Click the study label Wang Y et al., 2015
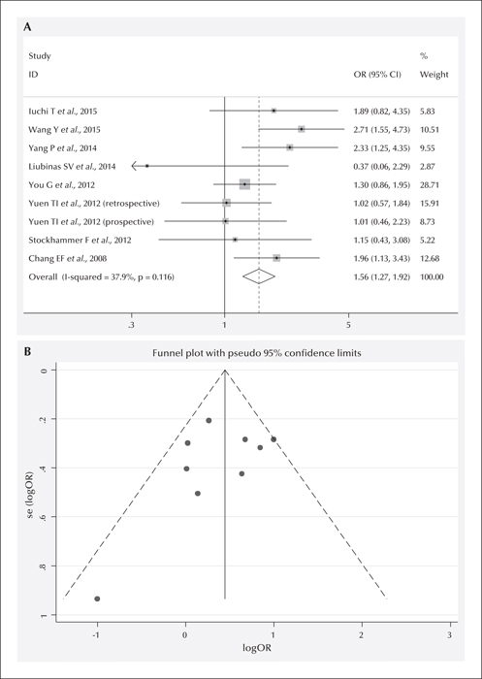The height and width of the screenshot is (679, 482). tap(65, 129)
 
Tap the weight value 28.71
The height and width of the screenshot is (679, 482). tap(430, 185)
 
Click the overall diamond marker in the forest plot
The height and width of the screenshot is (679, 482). tap(259, 276)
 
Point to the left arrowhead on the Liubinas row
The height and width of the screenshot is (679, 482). tap(134, 166)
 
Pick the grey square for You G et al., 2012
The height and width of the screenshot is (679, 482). tap(244, 184)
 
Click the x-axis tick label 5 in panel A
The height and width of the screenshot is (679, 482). tap(348, 325)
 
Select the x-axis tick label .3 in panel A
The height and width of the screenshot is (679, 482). tap(131, 325)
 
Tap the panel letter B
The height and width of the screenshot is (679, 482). tap(27, 352)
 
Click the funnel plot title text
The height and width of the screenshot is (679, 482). tap(257, 353)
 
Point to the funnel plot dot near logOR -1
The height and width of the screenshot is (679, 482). tap(97, 598)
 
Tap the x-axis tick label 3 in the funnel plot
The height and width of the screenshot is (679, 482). tap(450, 634)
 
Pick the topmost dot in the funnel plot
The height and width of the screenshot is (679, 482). tap(209, 420)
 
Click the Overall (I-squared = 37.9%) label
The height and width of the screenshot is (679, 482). tap(101, 276)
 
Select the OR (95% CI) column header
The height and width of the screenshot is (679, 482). tap(377, 75)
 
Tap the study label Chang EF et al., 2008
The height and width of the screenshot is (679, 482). tap(68, 259)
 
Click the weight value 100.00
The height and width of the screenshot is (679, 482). tap(432, 276)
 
